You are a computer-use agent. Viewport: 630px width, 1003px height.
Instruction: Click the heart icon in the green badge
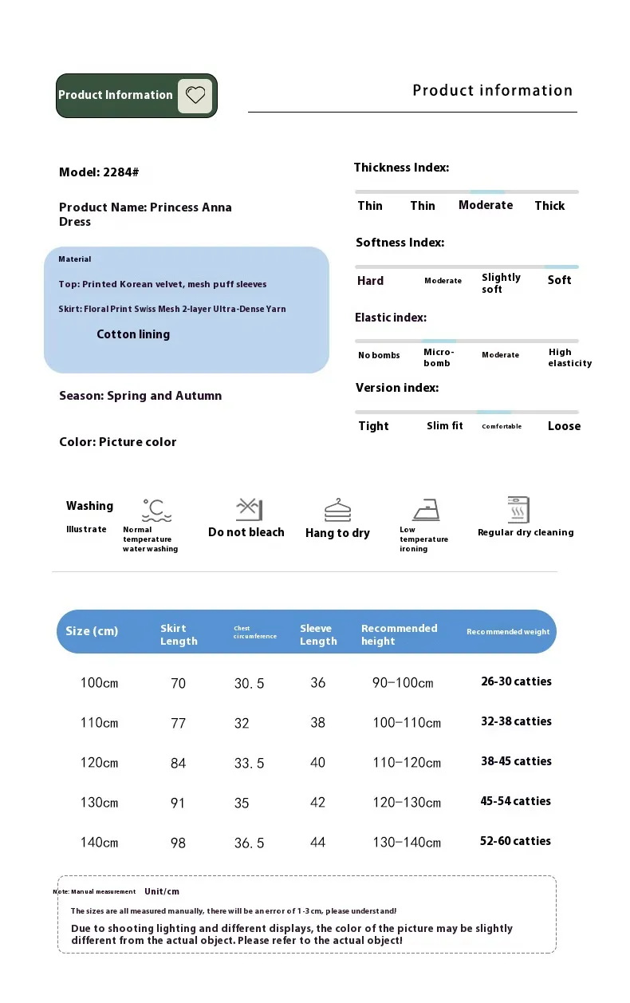(195, 96)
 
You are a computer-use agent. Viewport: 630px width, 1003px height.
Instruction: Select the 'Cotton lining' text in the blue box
(133, 334)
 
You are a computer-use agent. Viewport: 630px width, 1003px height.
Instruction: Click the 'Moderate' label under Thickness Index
(486, 205)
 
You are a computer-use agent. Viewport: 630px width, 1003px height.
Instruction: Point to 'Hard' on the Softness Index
(370, 281)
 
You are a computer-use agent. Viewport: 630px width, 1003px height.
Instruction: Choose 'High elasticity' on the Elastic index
(569, 357)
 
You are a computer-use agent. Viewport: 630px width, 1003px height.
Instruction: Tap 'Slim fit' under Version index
(444, 426)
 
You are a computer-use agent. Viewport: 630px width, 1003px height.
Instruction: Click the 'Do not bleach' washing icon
(249, 509)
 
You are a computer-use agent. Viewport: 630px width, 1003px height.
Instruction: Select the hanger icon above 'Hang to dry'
(337, 510)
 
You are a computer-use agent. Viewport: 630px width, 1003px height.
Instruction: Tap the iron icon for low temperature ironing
(426, 510)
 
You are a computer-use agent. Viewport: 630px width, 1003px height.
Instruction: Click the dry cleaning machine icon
(518, 509)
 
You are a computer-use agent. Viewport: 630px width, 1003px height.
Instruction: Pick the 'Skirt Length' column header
(179, 634)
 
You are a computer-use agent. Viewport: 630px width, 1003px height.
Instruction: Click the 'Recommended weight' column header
(508, 632)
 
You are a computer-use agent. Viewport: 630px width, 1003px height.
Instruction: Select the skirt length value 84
(178, 764)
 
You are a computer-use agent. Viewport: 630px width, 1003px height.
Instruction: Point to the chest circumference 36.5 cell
(249, 843)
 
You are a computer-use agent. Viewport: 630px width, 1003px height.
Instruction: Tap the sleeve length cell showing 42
(317, 803)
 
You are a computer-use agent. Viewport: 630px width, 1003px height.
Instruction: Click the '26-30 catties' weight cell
(516, 681)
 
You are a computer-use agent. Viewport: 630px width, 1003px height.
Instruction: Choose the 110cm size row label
(99, 723)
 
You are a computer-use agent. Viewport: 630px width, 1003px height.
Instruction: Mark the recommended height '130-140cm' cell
(406, 843)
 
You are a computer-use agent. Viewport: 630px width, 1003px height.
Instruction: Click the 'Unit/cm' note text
(162, 891)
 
